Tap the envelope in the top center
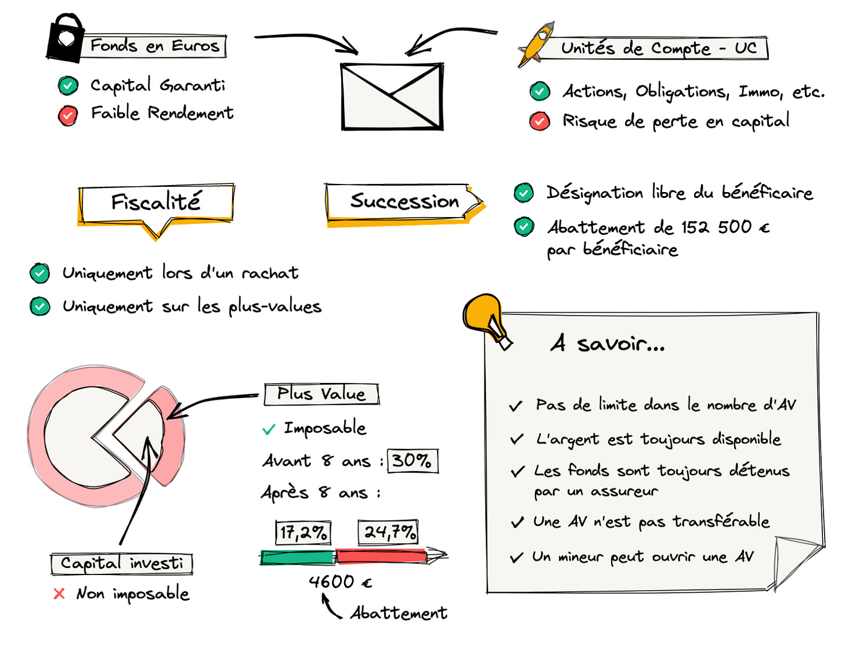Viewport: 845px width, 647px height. point(392,96)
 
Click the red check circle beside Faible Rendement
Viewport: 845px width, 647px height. point(68,115)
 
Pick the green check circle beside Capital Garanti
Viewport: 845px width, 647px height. point(68,86)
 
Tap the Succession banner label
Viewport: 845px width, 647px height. point(404,202)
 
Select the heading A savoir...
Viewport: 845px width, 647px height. point(607,344)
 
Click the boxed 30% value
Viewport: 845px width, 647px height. point(412,461)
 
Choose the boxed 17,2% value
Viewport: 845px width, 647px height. point(303,532)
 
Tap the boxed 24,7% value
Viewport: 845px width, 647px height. point(388,532)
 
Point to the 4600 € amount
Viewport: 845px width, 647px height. point(340,581)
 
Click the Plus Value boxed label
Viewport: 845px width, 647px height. point(322,394)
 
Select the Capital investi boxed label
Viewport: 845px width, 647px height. point(121,563)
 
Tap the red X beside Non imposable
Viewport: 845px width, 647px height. point(59,594)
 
